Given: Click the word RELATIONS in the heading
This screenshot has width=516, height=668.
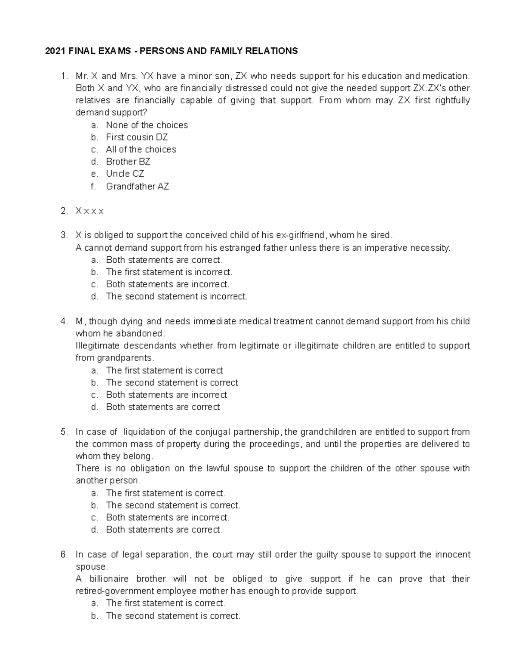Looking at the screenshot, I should [x=271, y=51].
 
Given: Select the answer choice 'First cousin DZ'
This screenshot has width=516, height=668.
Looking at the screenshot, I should [x=137, y=137].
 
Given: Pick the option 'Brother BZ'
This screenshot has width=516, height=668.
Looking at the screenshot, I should [x=128, y=162].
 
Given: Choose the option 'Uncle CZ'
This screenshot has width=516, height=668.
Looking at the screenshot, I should [x=125, y=174].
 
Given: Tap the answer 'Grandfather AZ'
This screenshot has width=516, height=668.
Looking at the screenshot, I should [x=138, y=186].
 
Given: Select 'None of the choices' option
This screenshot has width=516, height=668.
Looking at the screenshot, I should [x=147, y=125].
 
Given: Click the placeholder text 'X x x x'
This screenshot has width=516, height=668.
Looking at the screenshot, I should [x=89, y=211].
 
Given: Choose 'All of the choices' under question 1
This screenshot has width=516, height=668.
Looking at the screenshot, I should [x=141, y=150].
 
